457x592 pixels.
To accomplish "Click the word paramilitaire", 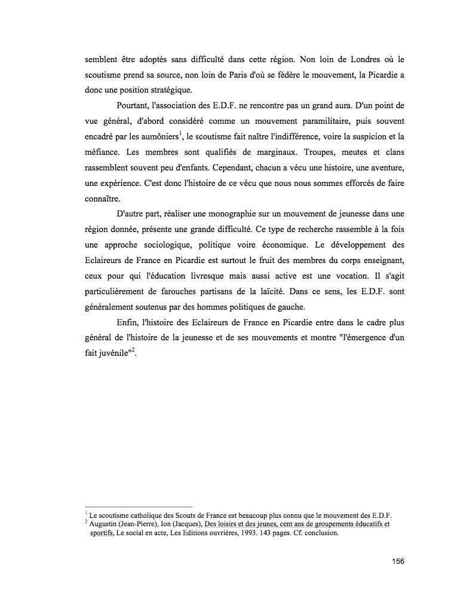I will [x=290, y=121].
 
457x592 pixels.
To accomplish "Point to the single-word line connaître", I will [x=103, y=199].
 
